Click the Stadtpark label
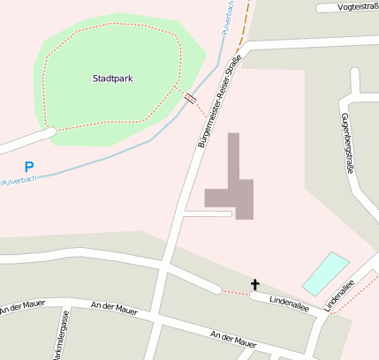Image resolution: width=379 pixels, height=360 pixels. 112,79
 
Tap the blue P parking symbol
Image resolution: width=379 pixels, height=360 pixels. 29,166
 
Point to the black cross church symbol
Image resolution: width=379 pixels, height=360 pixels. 255,284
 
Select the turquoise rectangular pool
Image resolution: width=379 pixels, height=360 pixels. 326,273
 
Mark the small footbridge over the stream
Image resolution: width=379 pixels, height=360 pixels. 191,97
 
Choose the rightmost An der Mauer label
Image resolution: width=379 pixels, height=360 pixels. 233,339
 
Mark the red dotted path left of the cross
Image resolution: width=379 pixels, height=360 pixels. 233,292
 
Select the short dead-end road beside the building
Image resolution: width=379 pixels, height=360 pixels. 208,214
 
